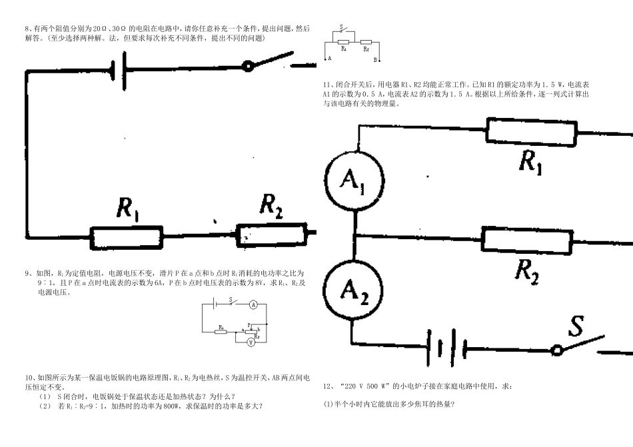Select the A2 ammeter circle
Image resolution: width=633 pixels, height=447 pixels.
click(x=354, y=290)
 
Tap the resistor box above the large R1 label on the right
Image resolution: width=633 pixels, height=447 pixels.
click(x=531, y=131)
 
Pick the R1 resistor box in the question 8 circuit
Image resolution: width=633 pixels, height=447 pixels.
click(x=127, y=236)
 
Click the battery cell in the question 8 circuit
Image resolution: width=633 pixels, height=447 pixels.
click(x=118, y=69)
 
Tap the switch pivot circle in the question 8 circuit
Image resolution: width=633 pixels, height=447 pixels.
click(x=248, y=66)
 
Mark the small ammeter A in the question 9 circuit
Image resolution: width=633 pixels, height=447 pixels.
click(x=253, y=304)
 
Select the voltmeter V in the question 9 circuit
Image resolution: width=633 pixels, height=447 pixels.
click(x=251, y=342)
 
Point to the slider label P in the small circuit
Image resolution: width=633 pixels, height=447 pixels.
click(x=249, y=324)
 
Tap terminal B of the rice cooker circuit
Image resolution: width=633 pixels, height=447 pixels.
click(x=375, y=59)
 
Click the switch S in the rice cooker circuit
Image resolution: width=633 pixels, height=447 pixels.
click(x=342, y=29)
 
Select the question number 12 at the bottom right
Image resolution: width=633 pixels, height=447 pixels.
click(x=327, y=386)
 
